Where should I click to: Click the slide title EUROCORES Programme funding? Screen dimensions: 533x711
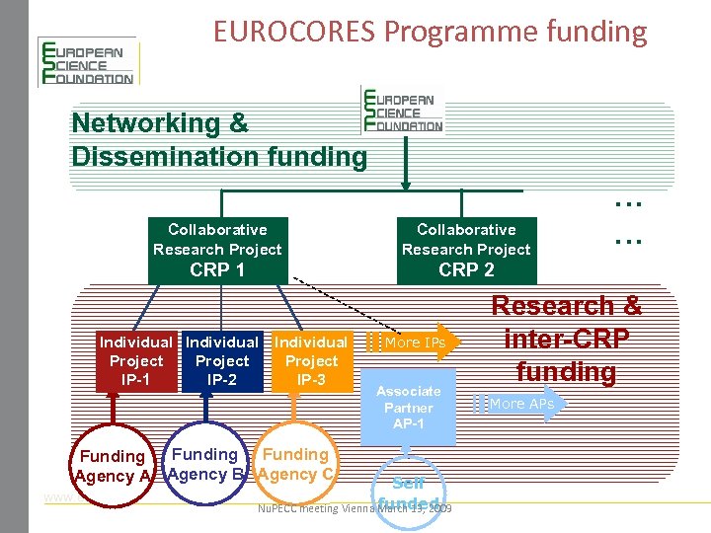click(x=430, y=32)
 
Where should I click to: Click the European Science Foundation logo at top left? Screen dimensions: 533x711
click(x=86, y=62)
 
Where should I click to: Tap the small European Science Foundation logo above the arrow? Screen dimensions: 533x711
click(x=404, y=110)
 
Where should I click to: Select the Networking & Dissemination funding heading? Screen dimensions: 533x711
click(x=218, y=139)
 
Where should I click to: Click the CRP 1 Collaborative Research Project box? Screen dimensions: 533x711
click(x=217, y=250)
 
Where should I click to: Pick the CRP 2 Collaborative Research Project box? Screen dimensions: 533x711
click(x=466, y=250)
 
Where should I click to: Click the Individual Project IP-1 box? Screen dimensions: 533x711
click(x=136, y=361)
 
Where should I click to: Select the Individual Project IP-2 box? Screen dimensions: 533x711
click(x=222, y=361)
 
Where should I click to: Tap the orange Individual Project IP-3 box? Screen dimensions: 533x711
click(x=311, y=361)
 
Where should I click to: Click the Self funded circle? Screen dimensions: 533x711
click(x=408, y=491)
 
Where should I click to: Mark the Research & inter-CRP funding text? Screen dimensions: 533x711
click(x=567, y=339)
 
